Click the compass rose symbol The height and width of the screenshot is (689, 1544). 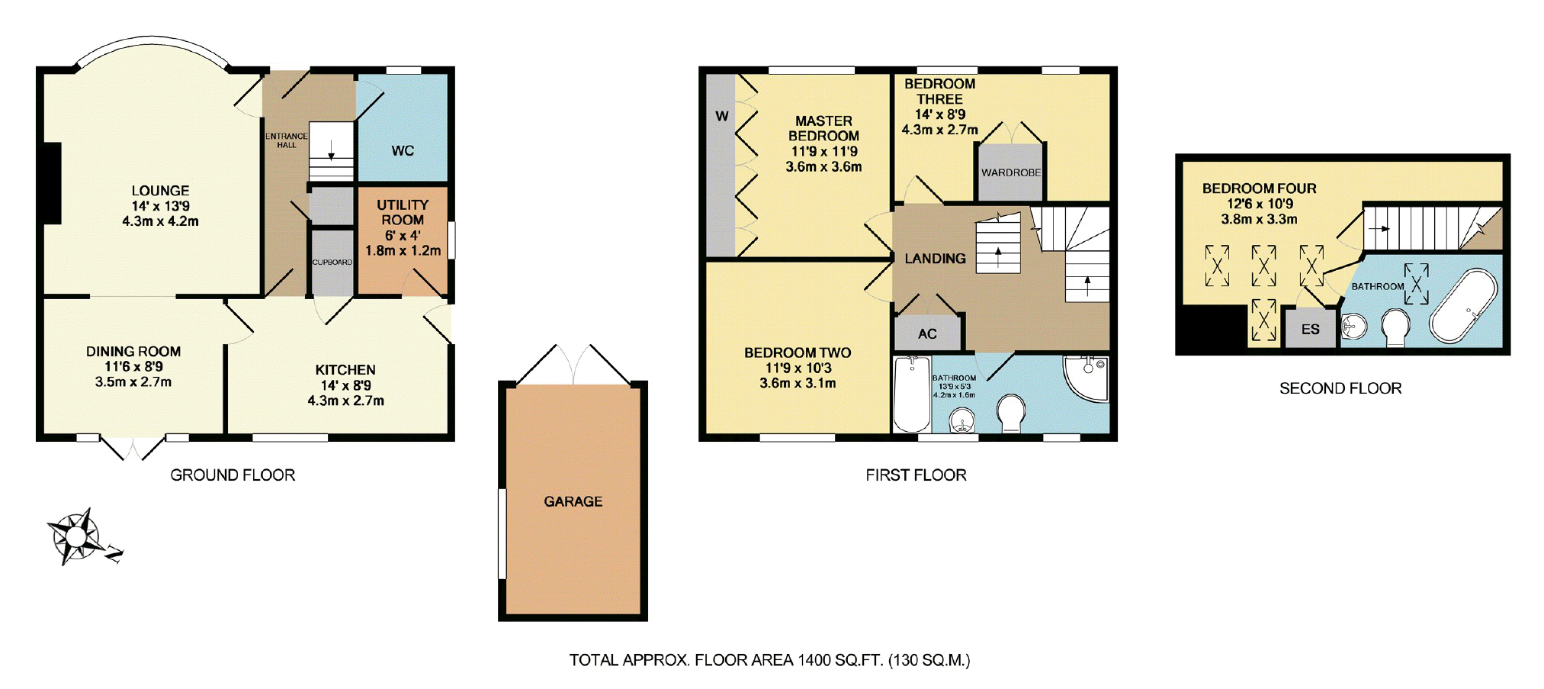[x=75, y=536]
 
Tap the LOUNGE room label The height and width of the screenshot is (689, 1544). [x=160, y=191]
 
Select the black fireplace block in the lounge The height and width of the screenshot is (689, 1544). [x=51, y=184]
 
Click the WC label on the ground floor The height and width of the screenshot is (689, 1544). [x=403, y=150]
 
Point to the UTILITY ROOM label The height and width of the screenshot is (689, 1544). [x=402, y=212]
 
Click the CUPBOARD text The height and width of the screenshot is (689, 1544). [x=332, y=262]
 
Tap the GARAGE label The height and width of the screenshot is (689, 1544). [x=573, y=501]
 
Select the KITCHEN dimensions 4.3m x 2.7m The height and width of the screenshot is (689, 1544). [x=345, y=401]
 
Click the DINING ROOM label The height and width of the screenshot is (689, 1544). [x=133, y=352]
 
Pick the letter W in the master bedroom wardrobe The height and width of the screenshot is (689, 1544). [x=721, y=116]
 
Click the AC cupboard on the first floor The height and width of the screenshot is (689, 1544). [x=927, y=333]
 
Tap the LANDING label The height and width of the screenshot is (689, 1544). [x=935, y=259]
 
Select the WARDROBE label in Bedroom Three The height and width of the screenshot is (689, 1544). [x=1010, y=172]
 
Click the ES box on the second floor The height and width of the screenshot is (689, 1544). [x=1310, y=330]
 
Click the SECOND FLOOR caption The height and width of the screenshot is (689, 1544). [x=1340, y=388]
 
